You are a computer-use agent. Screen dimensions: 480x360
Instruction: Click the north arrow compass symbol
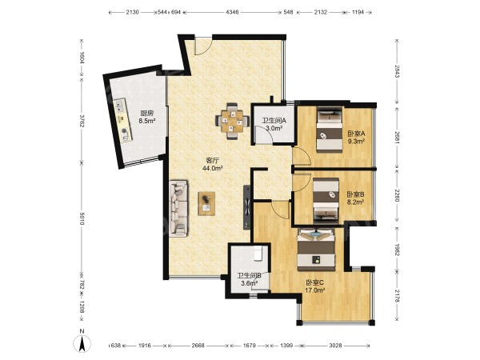point(82,341)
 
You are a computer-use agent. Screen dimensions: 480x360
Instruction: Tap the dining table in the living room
point(232,122)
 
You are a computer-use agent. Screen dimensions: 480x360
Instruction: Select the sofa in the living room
point(178,208)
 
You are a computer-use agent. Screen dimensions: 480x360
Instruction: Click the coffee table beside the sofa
point(206,203)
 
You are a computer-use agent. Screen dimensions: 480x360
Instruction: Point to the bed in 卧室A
point(329,129)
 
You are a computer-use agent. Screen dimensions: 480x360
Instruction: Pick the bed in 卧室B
point(326,201)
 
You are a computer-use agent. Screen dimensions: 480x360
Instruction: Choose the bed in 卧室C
point(317,249)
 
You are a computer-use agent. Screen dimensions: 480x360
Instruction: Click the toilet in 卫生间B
point(258,253)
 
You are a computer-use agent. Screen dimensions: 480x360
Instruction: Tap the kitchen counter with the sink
point(123,120)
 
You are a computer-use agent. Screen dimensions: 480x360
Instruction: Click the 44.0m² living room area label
point(212,168)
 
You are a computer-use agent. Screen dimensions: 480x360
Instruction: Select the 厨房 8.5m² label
point(147,117)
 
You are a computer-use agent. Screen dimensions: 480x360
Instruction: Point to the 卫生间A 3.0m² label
point(274,124)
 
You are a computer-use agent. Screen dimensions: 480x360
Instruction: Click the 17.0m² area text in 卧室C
point(315,290)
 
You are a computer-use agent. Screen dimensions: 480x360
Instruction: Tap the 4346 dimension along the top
point(232,12)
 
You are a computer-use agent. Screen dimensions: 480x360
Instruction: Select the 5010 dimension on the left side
point(82,218)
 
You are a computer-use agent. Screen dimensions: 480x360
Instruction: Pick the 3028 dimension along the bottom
point(335,346)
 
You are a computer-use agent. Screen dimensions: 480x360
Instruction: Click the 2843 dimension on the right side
point(397,71)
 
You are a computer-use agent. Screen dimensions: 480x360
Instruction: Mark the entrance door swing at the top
point(202,46)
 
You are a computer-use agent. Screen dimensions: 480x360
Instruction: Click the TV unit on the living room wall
point(246,207)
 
